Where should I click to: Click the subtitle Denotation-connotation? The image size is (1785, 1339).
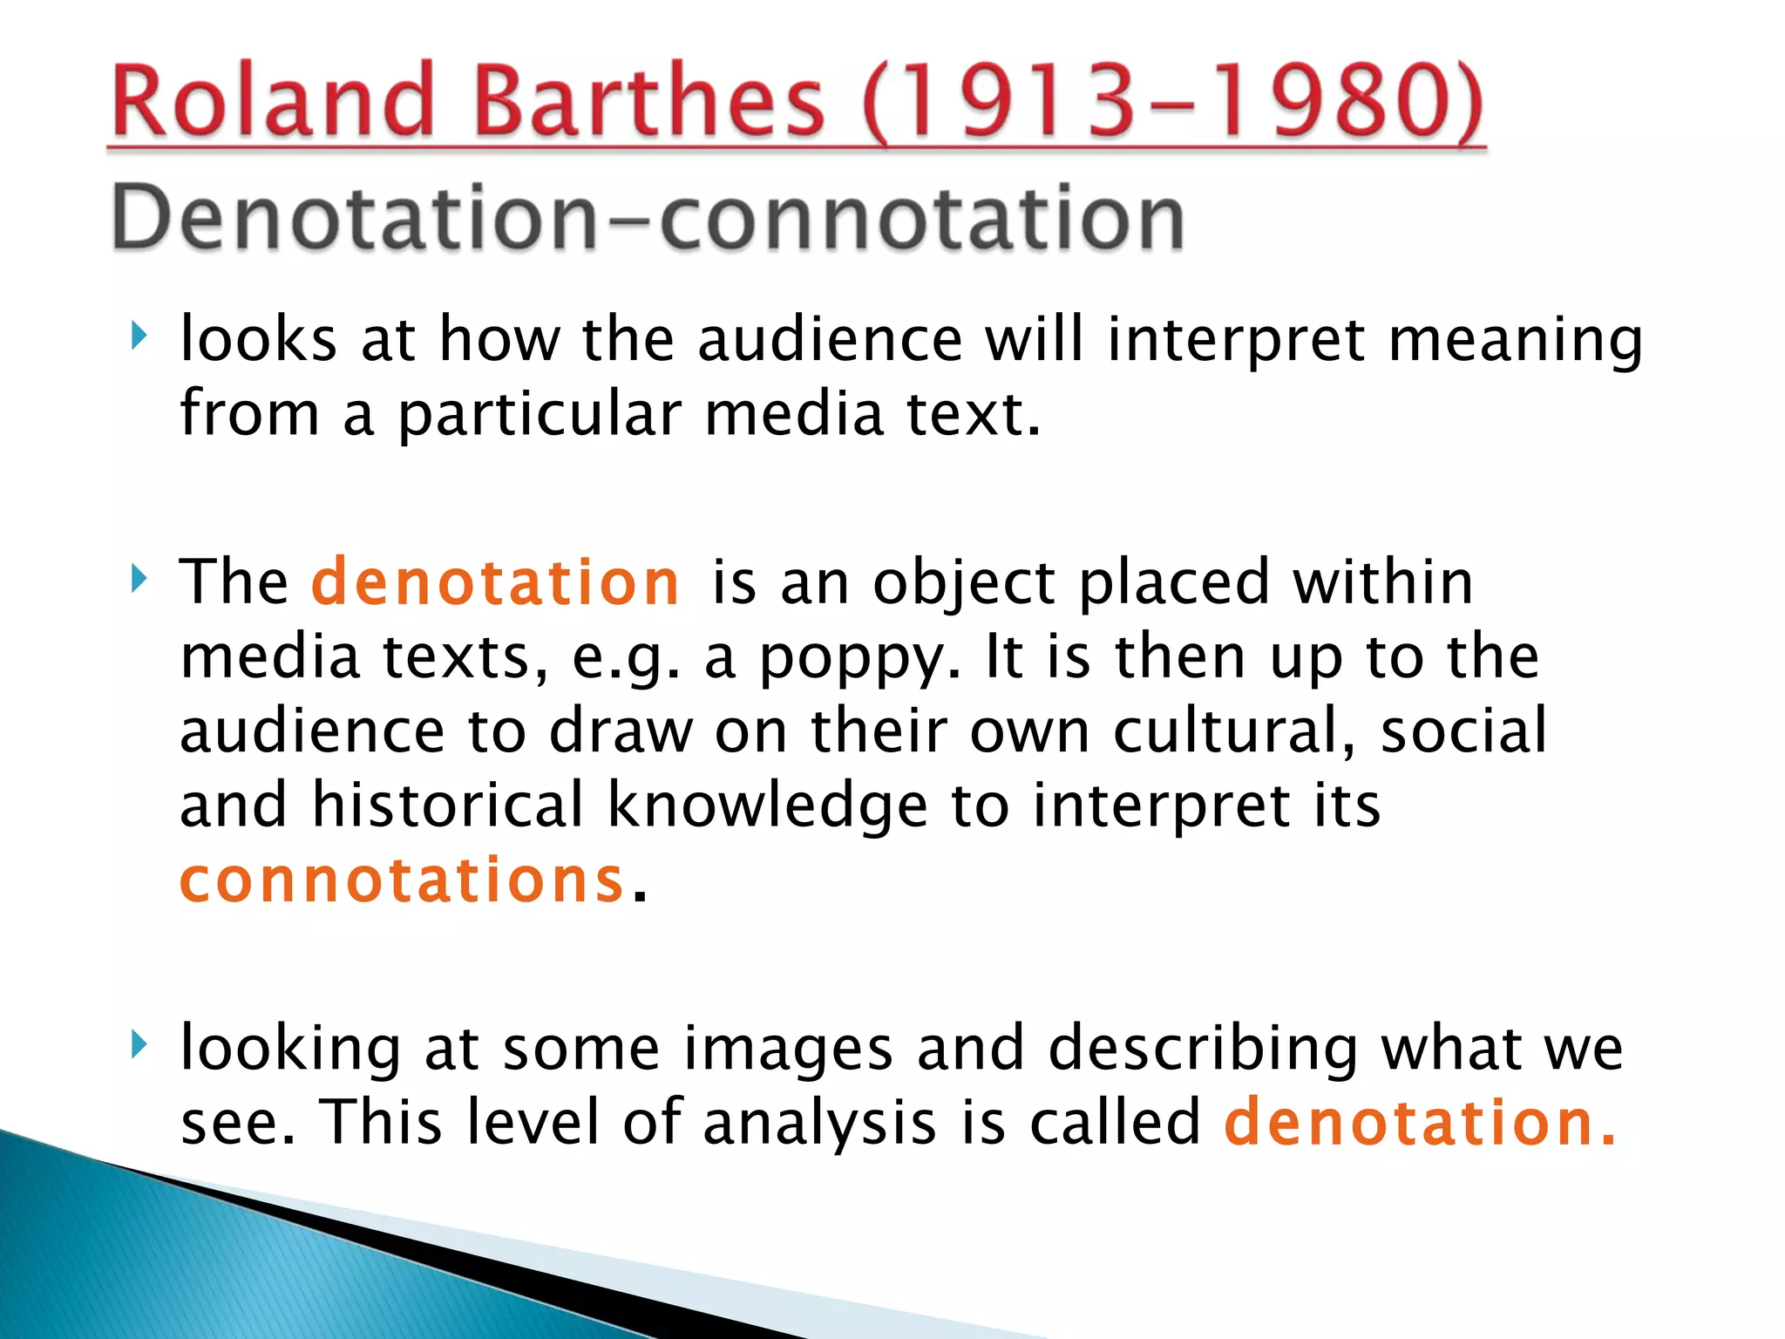[648, 218]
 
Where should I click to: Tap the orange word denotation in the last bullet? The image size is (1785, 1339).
[1419, 1122]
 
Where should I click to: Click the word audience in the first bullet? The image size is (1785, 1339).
[830, 339]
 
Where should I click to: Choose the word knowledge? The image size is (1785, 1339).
[767, 806]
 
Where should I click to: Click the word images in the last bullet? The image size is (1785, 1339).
[788, 1050]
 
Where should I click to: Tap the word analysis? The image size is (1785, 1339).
[819, 1124]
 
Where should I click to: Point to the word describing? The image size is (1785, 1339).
[1204, 1050]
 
